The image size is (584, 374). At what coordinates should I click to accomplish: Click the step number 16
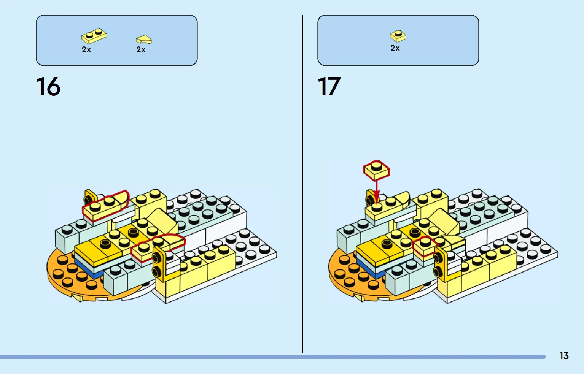click(x=48, y=86)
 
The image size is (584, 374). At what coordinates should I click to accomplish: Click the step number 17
click(x=329, y=86)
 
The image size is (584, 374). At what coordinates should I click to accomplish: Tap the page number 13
click(x=564, y=356)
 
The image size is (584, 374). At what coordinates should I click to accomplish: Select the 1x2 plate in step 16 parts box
click(x=94, y=36)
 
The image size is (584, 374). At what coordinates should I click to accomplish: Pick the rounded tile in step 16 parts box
click(x=144, y=39)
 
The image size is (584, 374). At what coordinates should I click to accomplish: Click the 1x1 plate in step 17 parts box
click(x=398, y=36)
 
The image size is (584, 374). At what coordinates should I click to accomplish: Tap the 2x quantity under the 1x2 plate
click(x=86, y=49)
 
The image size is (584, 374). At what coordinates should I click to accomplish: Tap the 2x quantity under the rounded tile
click(x=141, y=49)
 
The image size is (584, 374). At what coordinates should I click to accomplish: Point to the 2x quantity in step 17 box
click(x=395, y=48)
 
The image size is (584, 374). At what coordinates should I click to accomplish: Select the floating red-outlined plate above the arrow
click(x=377, y=170)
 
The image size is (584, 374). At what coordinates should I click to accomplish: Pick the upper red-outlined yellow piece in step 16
click(x=106, y=206)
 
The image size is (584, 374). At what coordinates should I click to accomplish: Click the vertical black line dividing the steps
click(x=303, y=184)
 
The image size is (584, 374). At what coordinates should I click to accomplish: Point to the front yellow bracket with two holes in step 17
click(x=440, y=265)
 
